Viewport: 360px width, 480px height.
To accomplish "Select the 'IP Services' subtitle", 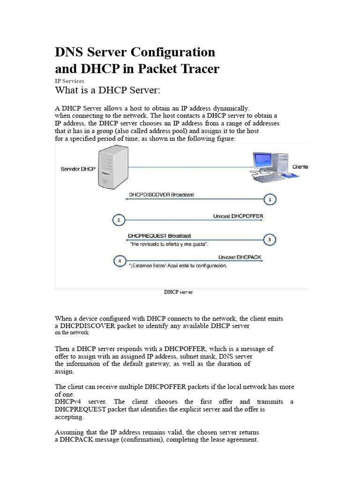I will [x=69, y=81].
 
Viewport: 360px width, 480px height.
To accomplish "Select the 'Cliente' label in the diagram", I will [x=300, y=167].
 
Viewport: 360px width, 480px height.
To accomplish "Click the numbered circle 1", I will [x=270, y=200].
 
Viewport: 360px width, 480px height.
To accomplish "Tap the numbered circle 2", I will [x=119, y=220].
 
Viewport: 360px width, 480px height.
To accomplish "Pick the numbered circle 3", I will [x=269, y=240].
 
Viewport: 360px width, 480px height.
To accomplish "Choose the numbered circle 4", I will [x=120, y=261].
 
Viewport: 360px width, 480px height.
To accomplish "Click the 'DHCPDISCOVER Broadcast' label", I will [x=162, y=194].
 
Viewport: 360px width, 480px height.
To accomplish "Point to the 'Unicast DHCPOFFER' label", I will [x=238, y=217].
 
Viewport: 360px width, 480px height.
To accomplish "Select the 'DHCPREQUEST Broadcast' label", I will [x=159, y=236].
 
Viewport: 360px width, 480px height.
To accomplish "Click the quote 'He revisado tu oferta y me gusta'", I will [x=169, y=244].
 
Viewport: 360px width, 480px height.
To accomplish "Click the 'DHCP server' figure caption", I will [x=178, y=292].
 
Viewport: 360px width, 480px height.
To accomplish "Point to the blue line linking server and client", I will [x=187, y=167].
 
